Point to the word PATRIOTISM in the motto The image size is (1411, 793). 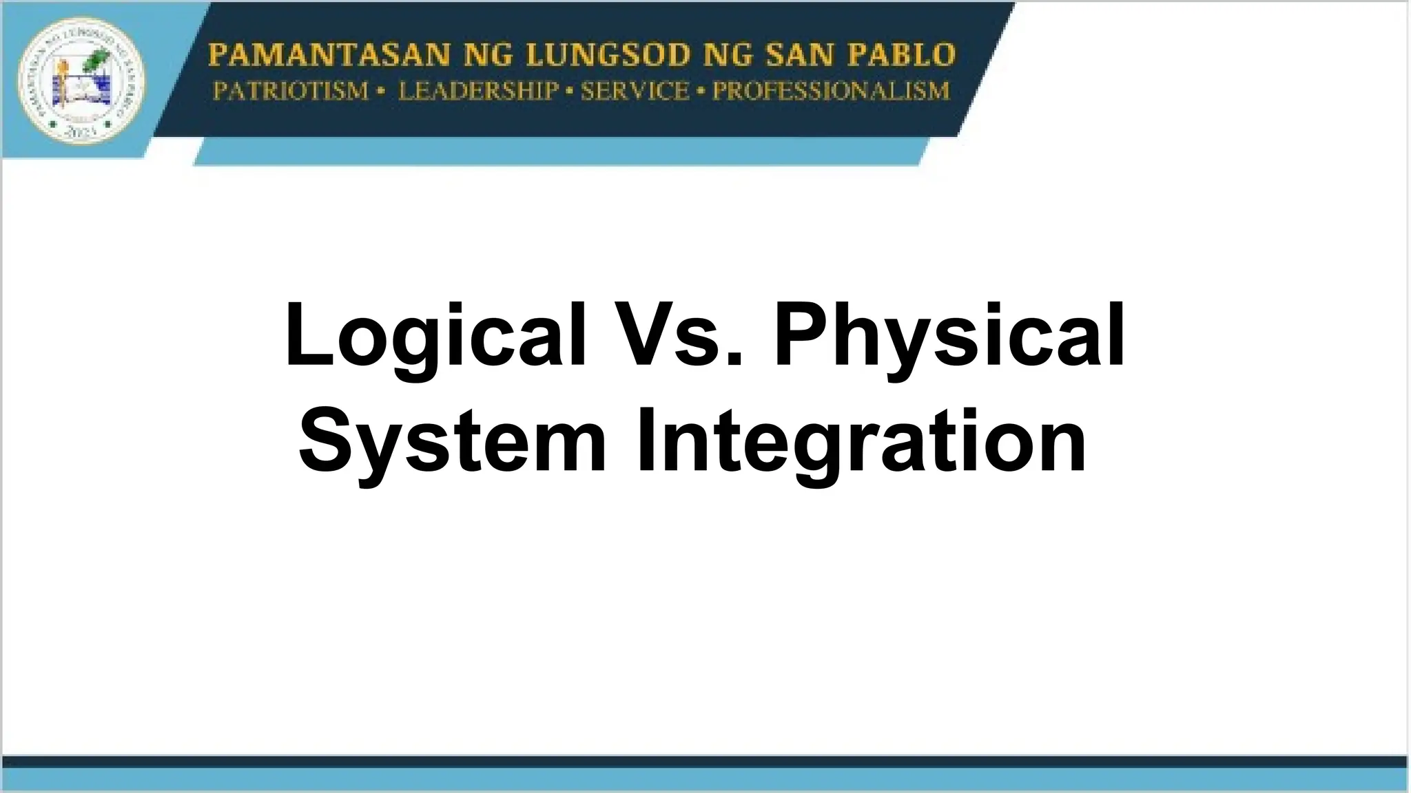click(x=291, y=91)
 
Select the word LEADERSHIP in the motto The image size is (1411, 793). click(x=478, y=91)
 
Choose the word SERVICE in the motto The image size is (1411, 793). click(x=635, y=91)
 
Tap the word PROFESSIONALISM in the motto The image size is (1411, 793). click(x=831, y=91)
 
